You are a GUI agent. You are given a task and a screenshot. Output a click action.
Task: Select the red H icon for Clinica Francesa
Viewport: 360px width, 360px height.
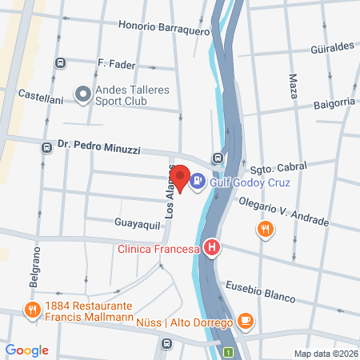211,249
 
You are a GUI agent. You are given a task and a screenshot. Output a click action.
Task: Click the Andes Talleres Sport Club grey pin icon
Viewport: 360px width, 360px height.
82,95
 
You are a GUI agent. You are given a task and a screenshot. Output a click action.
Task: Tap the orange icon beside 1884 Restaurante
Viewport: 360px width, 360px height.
33,310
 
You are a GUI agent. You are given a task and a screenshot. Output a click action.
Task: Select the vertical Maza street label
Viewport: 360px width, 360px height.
291,89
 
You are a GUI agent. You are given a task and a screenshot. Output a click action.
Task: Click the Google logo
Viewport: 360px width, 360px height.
27,350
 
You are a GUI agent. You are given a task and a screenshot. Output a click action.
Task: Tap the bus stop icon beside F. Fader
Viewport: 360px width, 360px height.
59,62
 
